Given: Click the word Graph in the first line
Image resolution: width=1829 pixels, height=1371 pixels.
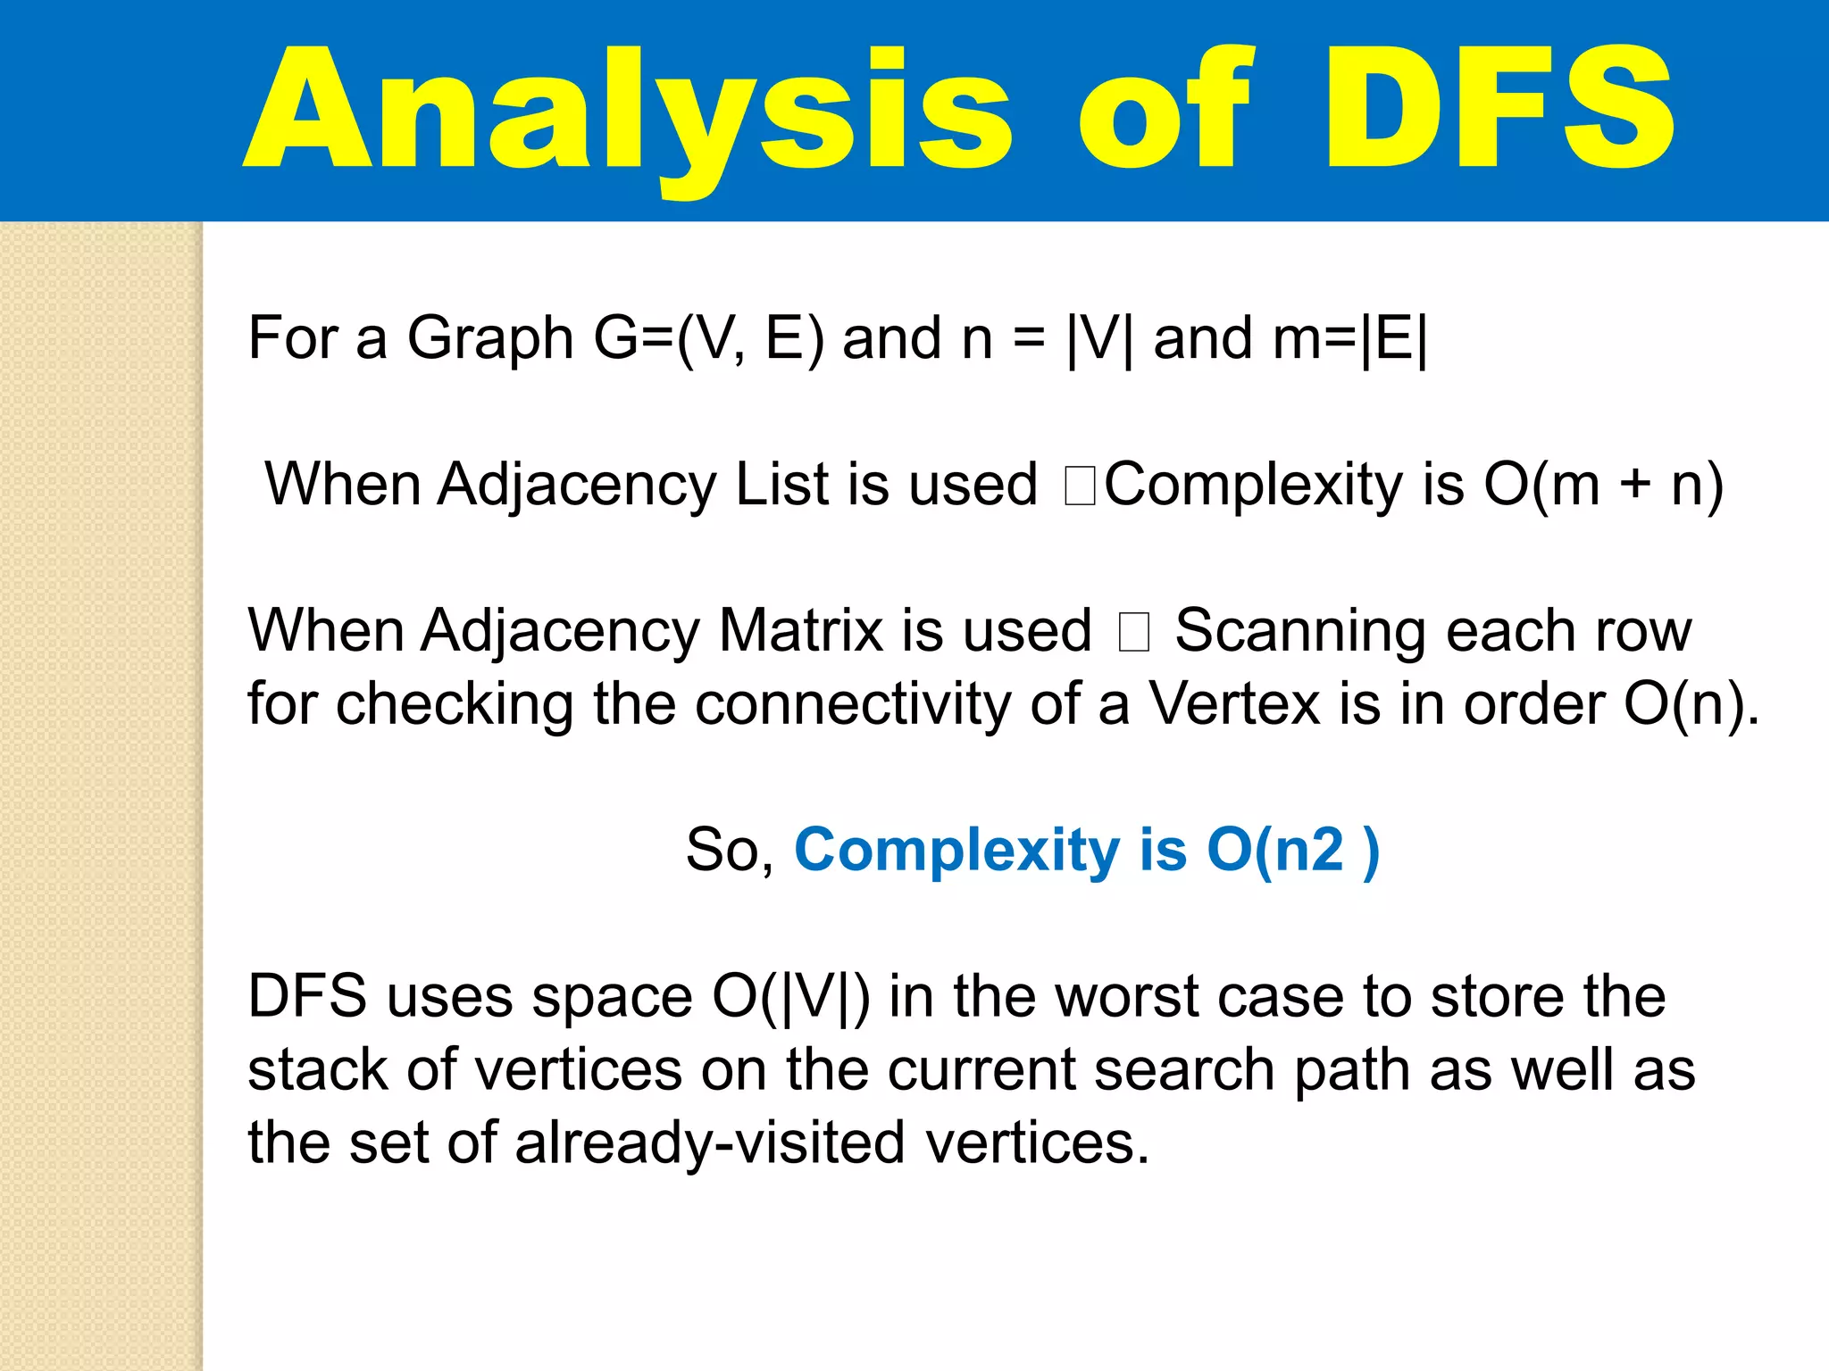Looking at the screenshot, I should pos(490,339).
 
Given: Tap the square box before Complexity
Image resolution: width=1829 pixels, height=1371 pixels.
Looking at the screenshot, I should pos(1080,486).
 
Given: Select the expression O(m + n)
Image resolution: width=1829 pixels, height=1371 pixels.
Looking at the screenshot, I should pos(1603,485).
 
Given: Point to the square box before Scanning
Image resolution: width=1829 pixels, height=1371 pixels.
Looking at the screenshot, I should pos(1133,633).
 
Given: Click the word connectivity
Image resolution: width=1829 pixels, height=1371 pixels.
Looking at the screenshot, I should pos(853,704).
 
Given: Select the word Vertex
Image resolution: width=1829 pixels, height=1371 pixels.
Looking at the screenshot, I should pos(1234,704).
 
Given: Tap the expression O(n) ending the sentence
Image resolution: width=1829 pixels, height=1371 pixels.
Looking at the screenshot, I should pos(1683,704).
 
